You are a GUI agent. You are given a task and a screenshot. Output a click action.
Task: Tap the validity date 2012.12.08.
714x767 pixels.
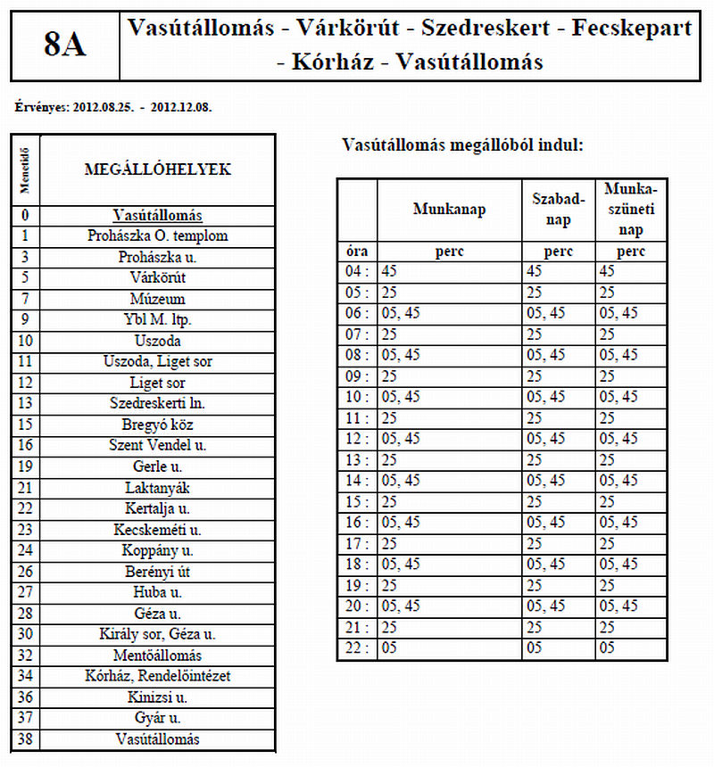182,107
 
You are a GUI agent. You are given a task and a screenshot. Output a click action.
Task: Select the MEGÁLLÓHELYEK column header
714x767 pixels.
157,169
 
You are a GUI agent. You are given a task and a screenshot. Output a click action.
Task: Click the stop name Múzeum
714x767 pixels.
157,299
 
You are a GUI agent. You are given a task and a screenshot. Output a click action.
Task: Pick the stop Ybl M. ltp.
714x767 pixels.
157,319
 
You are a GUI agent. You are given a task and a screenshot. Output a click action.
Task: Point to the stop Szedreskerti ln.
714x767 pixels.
157,403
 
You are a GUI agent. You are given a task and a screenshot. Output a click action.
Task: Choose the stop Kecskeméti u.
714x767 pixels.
157,529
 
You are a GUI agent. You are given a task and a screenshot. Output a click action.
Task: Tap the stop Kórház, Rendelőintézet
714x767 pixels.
157,676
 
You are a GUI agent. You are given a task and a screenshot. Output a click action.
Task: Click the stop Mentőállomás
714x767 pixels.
157,655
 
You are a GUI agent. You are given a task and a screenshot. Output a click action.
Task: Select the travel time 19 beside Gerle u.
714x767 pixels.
26,466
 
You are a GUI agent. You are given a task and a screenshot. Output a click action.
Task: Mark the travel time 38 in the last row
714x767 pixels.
26,739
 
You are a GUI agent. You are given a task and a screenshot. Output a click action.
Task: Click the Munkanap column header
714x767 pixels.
449,210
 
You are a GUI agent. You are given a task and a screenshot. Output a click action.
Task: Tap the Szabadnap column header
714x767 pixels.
559,210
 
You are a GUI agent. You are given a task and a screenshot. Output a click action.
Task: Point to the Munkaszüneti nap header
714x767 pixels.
631,210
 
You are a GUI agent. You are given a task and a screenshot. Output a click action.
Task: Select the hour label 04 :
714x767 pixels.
356,271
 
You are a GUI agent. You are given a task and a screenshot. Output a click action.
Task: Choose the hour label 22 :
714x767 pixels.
356,648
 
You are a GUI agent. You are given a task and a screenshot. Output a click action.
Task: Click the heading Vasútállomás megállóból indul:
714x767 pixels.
463,144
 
